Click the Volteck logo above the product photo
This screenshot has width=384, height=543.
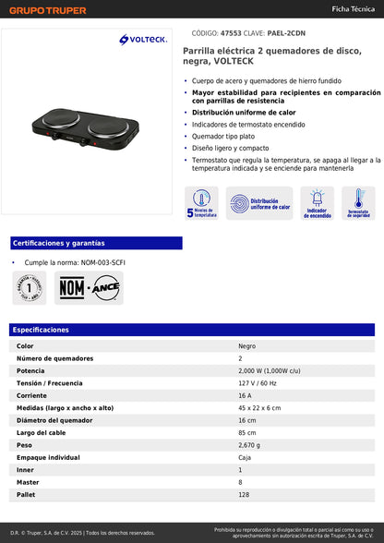tap(141, 39)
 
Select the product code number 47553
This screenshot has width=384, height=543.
tap(219, 31)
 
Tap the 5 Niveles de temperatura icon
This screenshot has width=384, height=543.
tap(201, 203)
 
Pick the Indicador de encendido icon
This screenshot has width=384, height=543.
tap(317, 203)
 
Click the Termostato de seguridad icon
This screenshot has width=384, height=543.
tap(358, 203)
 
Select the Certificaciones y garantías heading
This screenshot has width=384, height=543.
tap(59, 243)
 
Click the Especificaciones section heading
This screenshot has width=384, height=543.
tap(41, 330)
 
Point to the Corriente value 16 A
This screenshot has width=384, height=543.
tap(246, 395)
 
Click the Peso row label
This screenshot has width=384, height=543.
tap(25, 445)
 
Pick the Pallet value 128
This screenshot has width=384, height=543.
tap(245, 495)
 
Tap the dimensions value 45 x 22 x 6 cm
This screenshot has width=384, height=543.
tap(259, 407)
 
